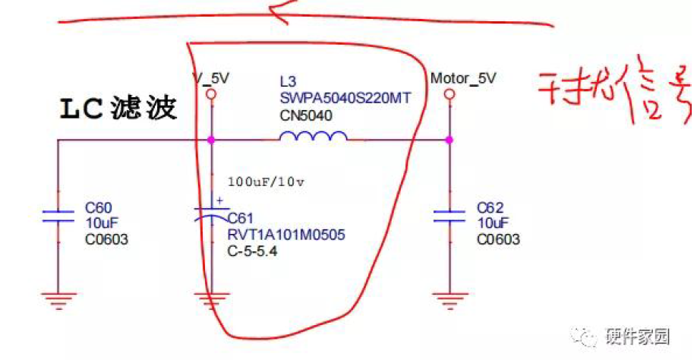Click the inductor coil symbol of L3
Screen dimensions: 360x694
point(314,137)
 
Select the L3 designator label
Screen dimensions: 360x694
point(288,81)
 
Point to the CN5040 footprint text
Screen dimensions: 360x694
point(306,115)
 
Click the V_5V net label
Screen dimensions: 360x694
point(212,77)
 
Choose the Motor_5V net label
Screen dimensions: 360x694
point(463,78)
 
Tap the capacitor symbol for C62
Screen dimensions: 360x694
point(450,216)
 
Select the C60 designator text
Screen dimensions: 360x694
point(99,207)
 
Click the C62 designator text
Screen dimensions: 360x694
point(491,207)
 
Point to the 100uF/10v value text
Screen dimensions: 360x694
point(265,182)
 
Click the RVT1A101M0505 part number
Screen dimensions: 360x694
point(286,235)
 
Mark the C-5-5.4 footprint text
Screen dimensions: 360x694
point(253,251)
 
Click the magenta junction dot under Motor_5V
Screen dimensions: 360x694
point(450,140)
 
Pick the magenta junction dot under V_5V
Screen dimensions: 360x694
point(211,140)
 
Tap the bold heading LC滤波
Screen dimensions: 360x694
point(118,109)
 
